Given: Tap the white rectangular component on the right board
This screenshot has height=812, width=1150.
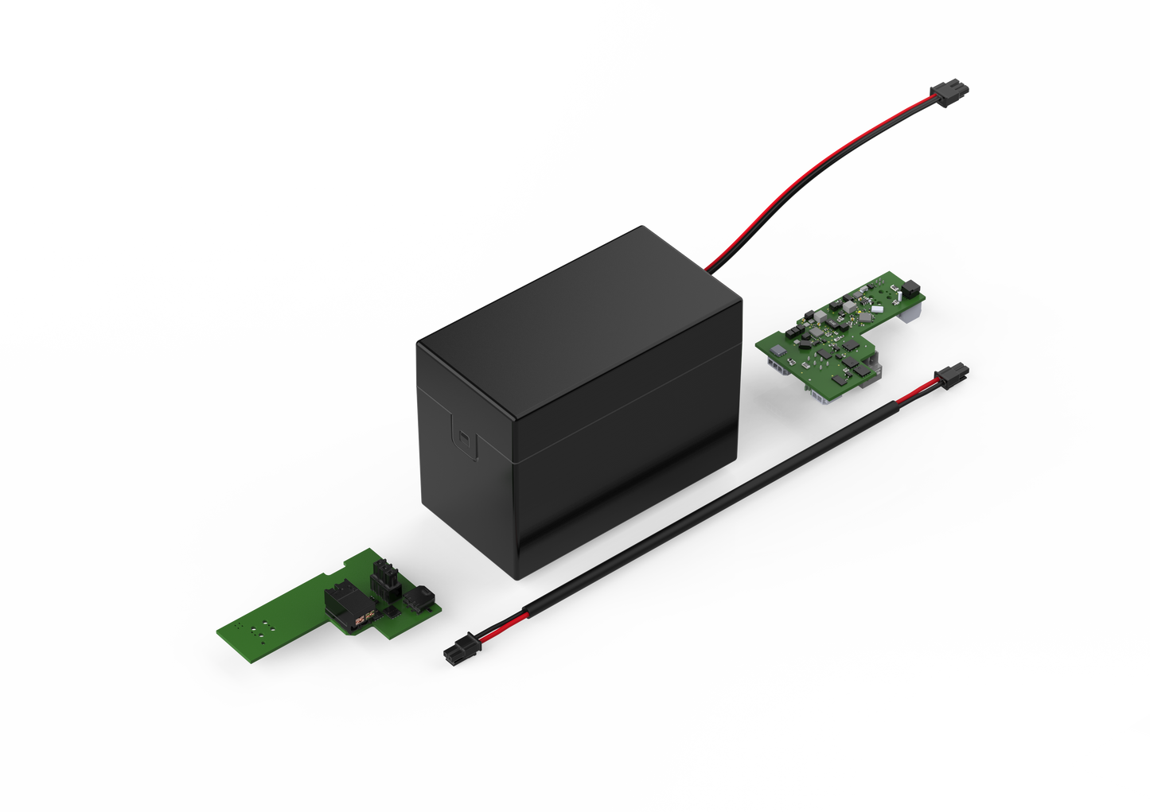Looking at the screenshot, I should [x=875, y=307].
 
